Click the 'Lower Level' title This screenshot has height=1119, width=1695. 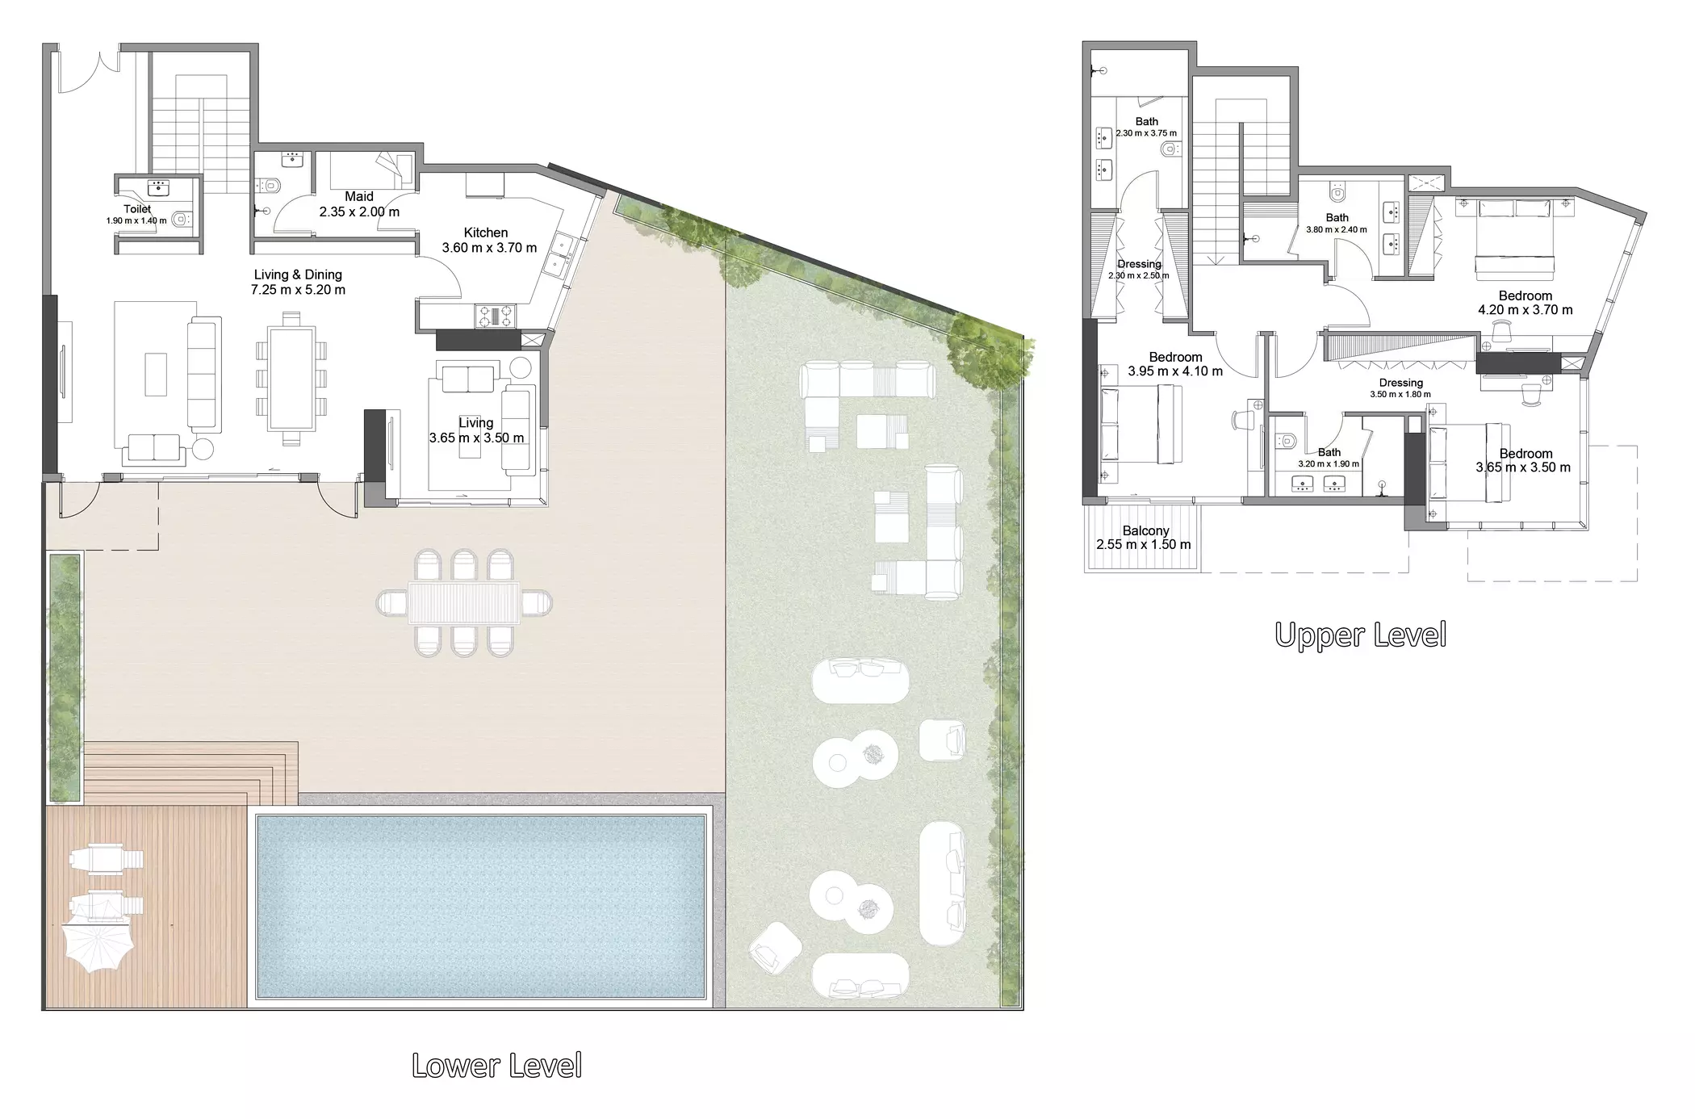coord(496,1066)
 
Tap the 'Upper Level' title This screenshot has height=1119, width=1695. coord(1360,635)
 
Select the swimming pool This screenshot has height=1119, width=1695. coord(481,907)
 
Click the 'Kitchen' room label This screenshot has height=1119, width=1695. coord(486,233)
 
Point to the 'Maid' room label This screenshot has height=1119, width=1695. coord(359,196)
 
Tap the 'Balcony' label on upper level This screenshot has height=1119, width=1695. coord(1145,530)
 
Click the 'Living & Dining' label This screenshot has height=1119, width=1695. coord(298,275)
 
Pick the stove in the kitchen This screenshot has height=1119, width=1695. coord(494,315)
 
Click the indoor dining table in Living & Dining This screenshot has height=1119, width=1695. coord(291,378)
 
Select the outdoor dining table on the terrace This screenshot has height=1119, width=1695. coord(464,602)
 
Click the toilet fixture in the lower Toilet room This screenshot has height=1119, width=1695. coord(183,217)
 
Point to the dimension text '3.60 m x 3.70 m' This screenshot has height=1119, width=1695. coord(489,248)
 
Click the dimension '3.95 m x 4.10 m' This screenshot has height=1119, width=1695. coord(1175,371)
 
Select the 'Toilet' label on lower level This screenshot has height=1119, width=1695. coord(137,209)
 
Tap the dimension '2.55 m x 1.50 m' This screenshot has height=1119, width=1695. coord(1144,545)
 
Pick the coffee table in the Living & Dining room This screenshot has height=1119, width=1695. coord(156,375)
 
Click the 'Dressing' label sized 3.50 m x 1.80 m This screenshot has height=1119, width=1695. coord(1400,383)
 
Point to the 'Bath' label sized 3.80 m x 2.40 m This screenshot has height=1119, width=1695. coord(1337,217)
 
